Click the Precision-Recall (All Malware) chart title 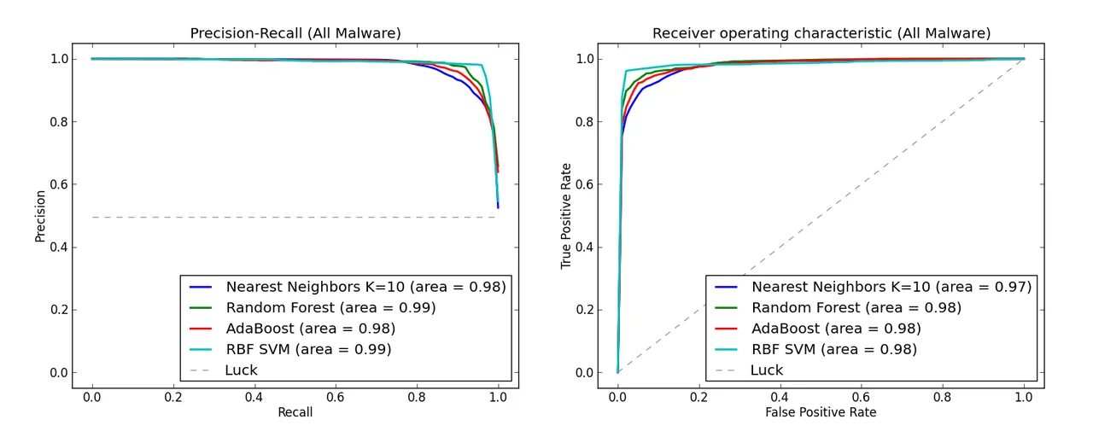pos(295,33)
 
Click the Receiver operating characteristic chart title pos(821,33)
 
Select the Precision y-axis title pos(40,214)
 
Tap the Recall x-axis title pos(295,412)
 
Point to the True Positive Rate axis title pos(566,214)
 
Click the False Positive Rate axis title pos(821,412)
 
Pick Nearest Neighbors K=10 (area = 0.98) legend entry pos(365,287)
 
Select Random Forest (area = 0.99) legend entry pos(330,307)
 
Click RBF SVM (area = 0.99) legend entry pos(308,349)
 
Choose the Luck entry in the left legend pos(241,370)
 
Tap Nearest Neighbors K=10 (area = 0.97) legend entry pos(891,287)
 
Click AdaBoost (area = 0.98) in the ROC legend pos(836,329)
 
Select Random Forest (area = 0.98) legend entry pos(856,307)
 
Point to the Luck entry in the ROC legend pos(766,370)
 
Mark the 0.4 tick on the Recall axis pos(254,397)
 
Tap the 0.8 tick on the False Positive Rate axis pos(943,397)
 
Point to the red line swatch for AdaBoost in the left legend pos(202,329)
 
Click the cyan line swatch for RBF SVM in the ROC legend pos(728,349)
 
